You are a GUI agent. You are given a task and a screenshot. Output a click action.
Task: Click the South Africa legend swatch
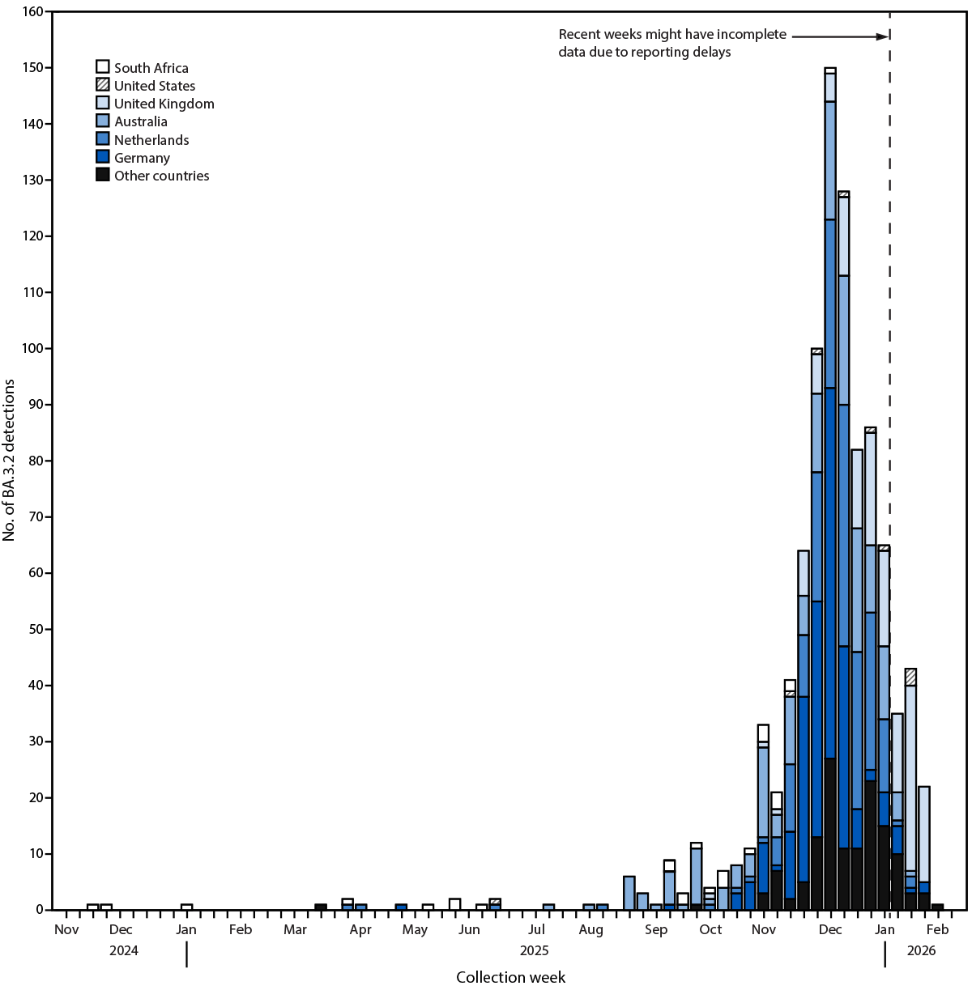click(103, 67)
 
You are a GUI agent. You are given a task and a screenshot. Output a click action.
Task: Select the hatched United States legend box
click(103, 85)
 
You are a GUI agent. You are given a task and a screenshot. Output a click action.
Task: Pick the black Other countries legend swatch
click(103, 175)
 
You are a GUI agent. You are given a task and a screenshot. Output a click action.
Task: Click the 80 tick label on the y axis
click(35, 461)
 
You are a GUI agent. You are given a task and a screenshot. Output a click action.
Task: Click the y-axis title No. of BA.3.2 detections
click(10, 461)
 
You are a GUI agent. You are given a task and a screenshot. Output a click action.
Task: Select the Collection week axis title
click(510, 977)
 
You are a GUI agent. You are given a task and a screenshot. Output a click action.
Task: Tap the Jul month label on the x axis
click(535, 929)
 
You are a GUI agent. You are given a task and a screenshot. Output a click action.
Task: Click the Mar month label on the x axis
click(295, 929)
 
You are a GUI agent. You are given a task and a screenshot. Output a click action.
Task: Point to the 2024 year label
click(124, 950)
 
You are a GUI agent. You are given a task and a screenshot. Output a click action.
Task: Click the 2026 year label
click(921, 950)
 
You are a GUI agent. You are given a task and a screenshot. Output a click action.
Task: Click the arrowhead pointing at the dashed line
click(884, 36)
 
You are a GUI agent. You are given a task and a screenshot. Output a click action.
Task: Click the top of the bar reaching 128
click(843, 193)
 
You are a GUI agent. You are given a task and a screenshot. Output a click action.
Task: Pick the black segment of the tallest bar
click(830, 834)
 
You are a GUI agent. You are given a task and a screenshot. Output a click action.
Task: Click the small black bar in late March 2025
click(321, 907)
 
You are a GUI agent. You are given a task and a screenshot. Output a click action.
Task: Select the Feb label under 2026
click(938, 929)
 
